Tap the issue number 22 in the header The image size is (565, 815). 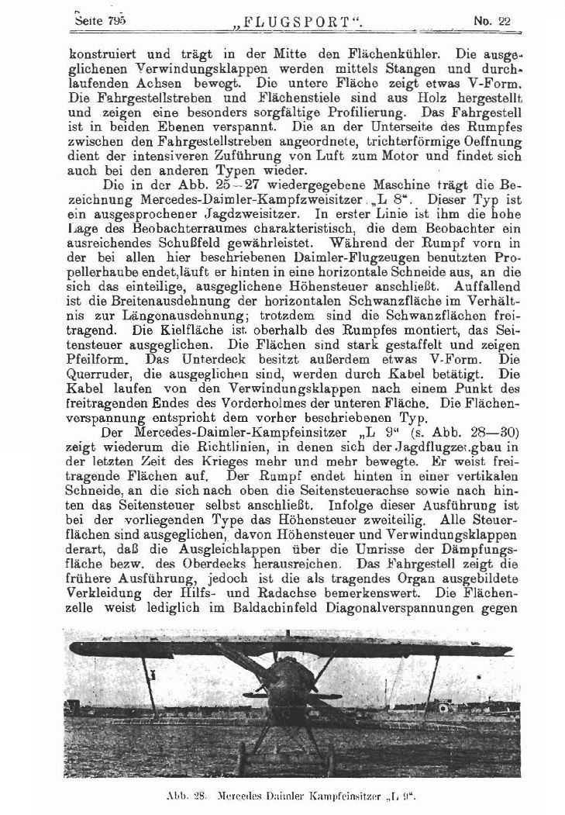(505, 22)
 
